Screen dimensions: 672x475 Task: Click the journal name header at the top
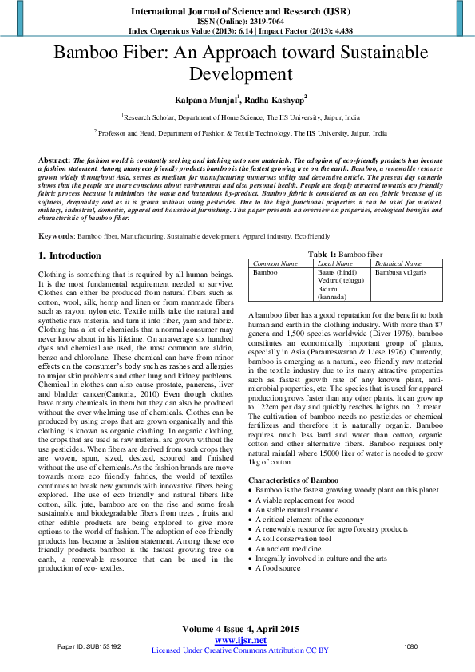pos(237,12)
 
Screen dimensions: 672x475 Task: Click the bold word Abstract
pos(54,160)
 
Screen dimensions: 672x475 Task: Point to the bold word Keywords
pos(57,236)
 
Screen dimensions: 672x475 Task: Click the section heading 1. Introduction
pos(70,255)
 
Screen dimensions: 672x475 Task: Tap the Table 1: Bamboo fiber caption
pos(350,253)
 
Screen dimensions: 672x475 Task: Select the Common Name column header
pos(275,263)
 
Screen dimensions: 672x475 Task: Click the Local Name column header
pos(335,263)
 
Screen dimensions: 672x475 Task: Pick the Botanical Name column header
pos(398,263)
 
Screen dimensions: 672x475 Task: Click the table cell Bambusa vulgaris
pos(401,272)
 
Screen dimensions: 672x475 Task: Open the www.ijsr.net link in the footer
pos(240,640)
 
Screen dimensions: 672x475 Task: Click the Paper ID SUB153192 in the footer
pos(89,646)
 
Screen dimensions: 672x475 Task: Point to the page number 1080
pos(411,646)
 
